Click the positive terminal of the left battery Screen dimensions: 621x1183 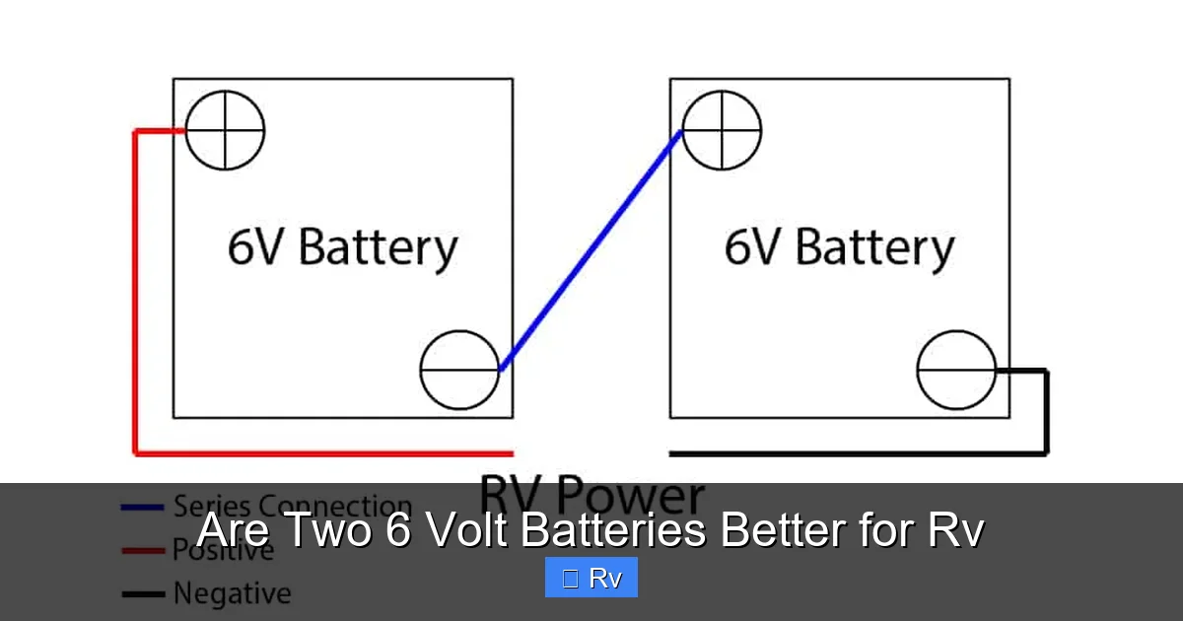pyautogui.click(x=226, y=130)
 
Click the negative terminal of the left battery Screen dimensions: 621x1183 pyautogui.click(x=459, y=370)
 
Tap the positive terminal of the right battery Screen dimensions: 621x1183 pyautogui.click(x=722, y=130)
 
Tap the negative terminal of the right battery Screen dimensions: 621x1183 pyautogui.click(x=956, y=370)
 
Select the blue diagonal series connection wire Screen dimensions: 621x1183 pyautogui.click(x=591, y=251)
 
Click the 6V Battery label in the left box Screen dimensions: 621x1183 pyautogui.click(x=342, y=246)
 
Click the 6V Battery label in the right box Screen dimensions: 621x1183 pyautogui.click(x=839, y=246)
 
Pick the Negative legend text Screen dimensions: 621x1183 pyautogui.click(x=232, y=593)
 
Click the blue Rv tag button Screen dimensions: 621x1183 pyautogui.click(x=591, y=578)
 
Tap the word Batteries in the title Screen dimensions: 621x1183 pyautogui.click(x=612, y=530)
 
